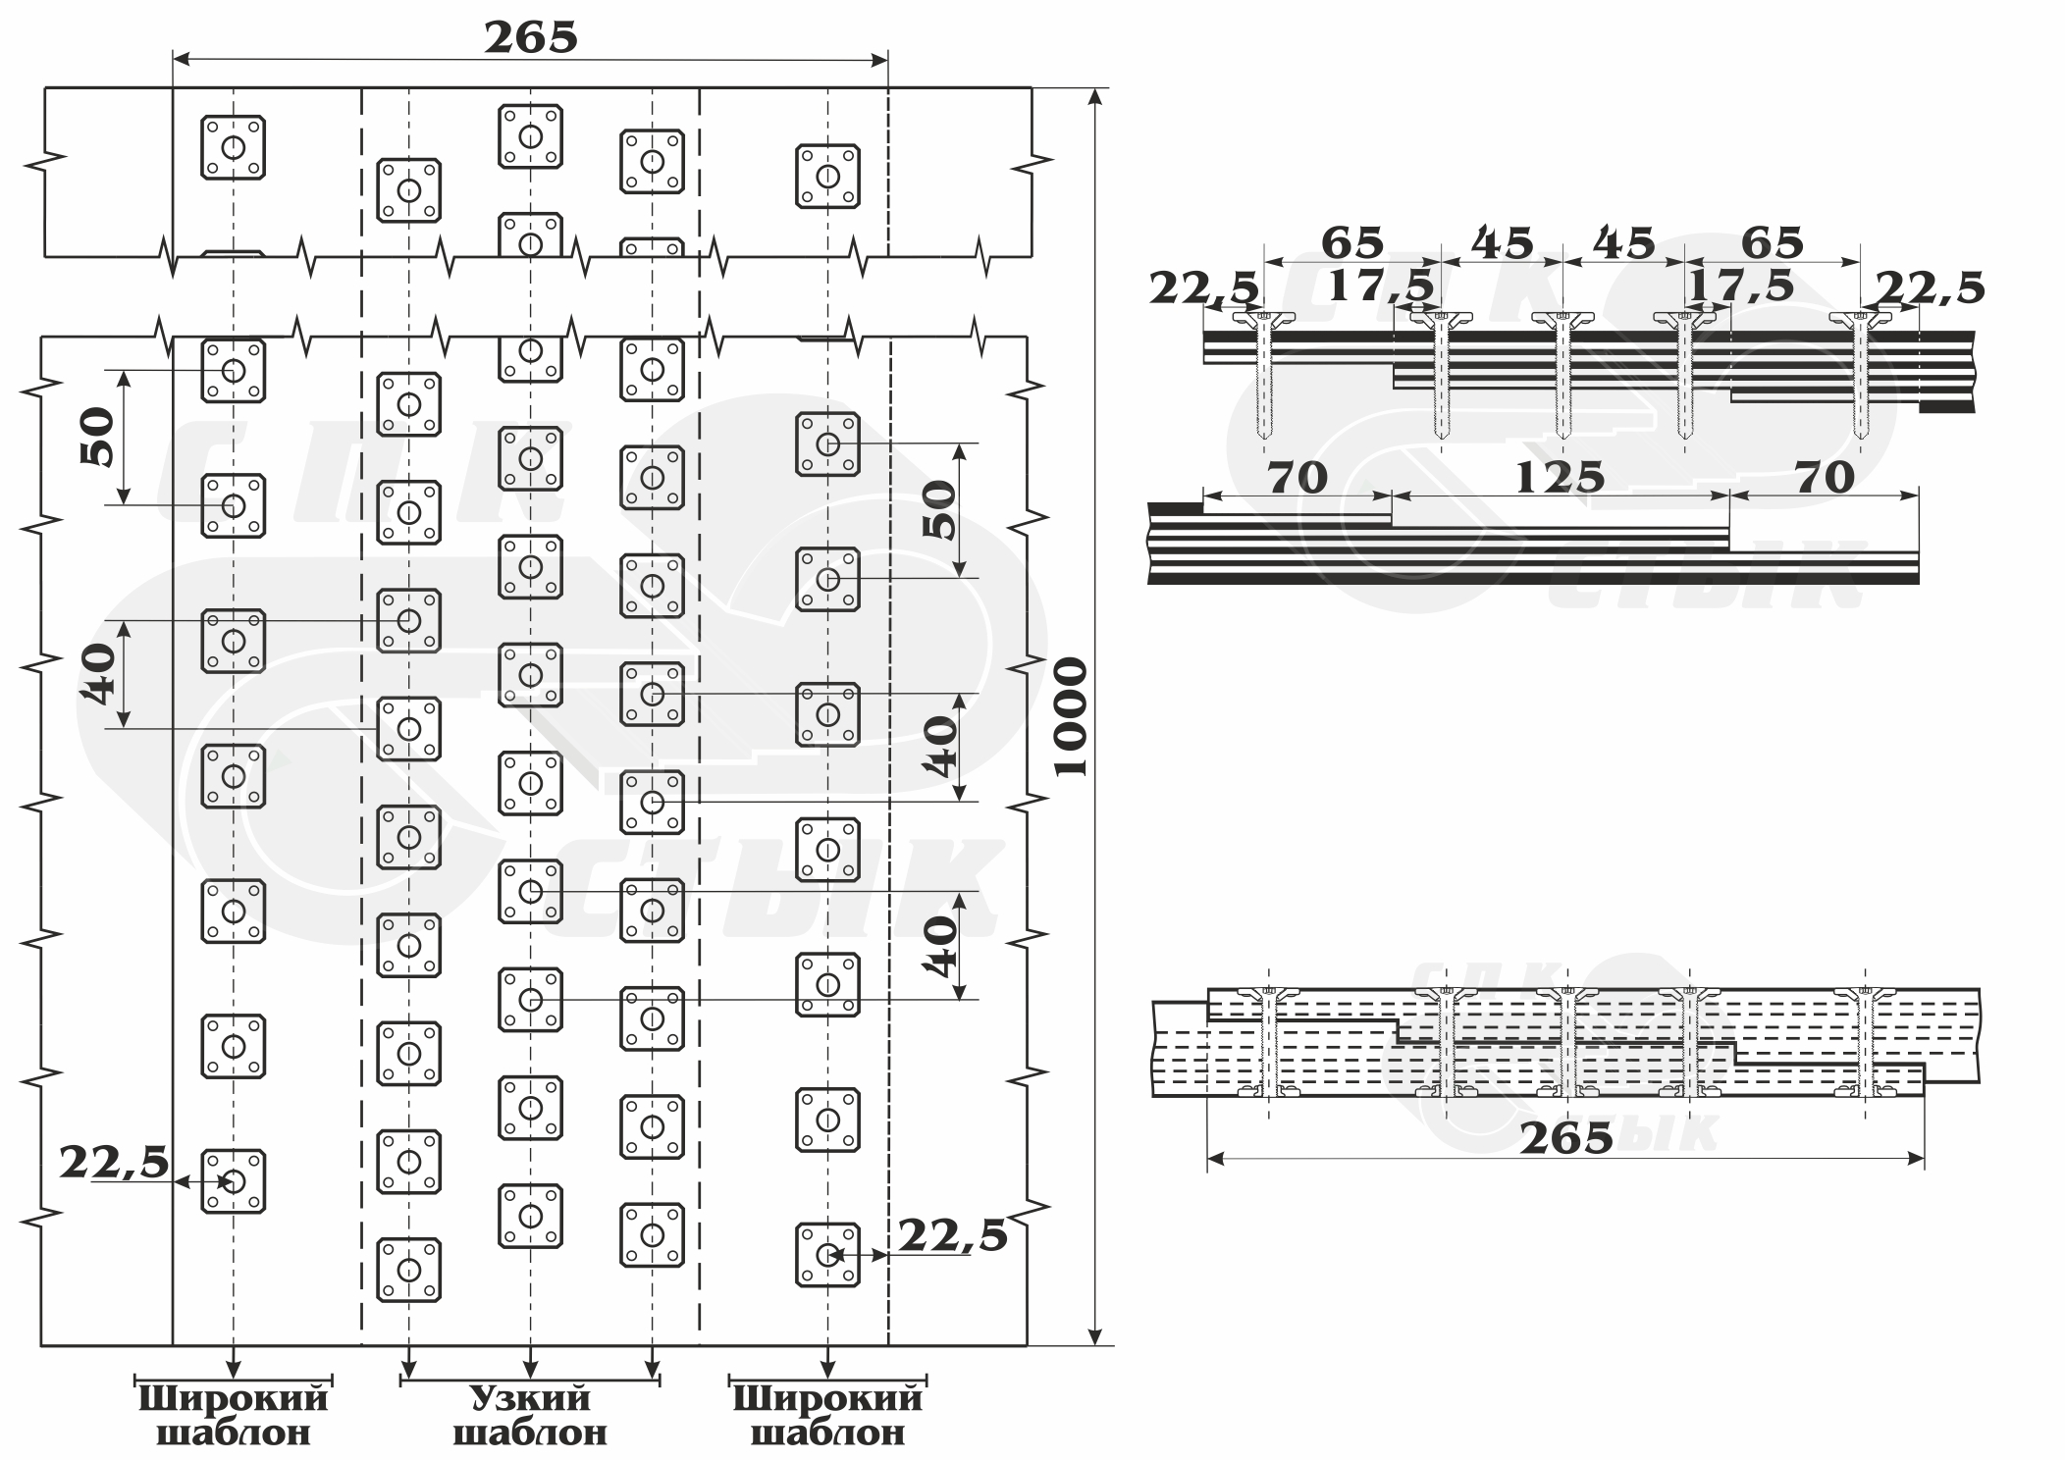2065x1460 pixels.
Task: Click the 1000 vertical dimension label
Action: pos(1072,717)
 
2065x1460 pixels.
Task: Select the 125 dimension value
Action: pos(1560,478)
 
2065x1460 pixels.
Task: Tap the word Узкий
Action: pos(530,1398)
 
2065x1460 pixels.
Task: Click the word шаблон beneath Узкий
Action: pos(530,1433)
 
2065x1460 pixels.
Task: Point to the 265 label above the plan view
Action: pos(531,38)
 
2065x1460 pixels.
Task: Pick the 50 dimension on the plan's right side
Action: pos(939,509)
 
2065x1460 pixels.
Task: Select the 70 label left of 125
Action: pos(1297,478)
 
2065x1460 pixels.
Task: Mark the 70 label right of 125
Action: pos(1825,478)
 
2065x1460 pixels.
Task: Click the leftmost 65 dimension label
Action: pos(1352,242)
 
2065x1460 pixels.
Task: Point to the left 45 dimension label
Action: pos(1502,242)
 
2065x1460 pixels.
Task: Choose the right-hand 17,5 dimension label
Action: pos(1740,286)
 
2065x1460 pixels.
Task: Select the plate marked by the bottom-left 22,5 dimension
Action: pos(234,1181)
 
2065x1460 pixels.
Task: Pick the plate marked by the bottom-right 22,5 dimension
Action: pos(827,1254)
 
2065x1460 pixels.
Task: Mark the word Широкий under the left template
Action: pos(233,1398)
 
